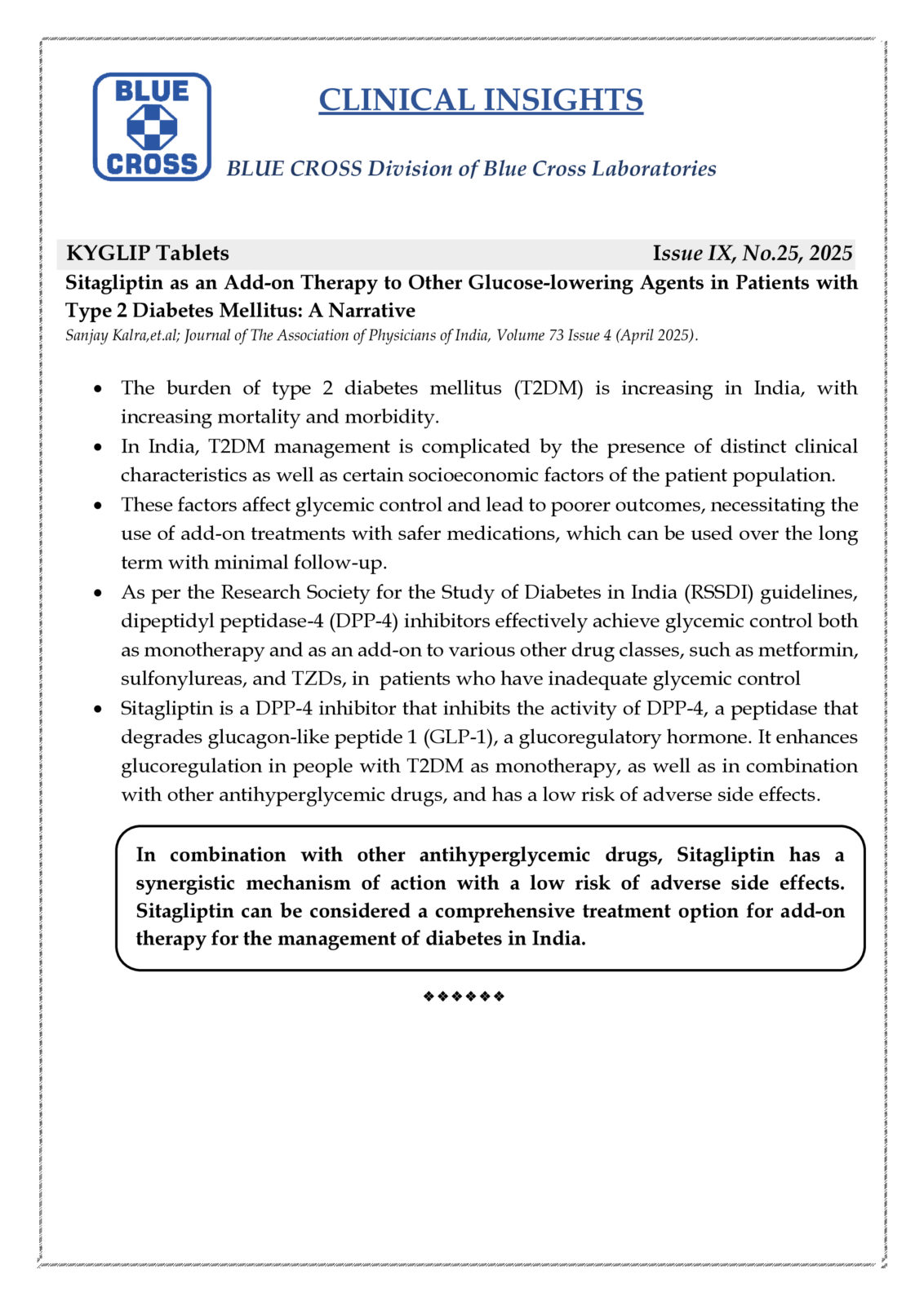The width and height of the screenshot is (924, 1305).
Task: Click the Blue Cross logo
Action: click(x=152, y=126)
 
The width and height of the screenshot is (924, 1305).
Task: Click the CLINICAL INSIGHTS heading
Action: click(x=481, y=100)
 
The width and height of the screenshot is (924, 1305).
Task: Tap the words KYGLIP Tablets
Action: click(x=148, y=253)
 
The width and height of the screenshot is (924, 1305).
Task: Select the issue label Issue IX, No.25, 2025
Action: click(x=752, y=253)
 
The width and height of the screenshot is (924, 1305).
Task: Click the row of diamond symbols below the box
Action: click(x=464, y=996)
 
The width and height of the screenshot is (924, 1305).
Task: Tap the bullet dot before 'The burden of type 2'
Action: click(x=99, y=389)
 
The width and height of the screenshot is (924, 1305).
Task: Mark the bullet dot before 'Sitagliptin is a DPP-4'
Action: click(x=99, y=710)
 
